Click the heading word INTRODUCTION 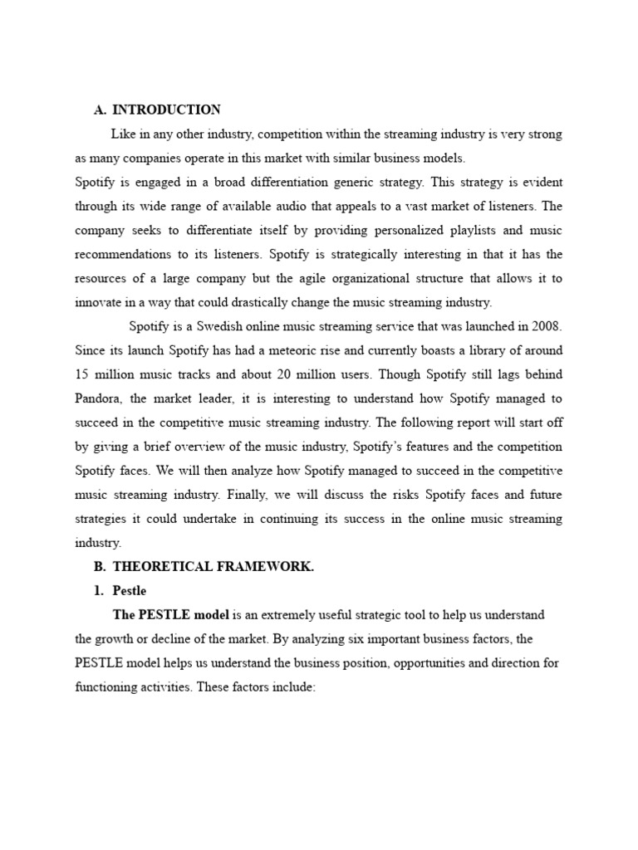(x=166, y=110)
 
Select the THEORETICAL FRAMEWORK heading (x=213, y=567)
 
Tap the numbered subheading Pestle (x=129, y=591)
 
